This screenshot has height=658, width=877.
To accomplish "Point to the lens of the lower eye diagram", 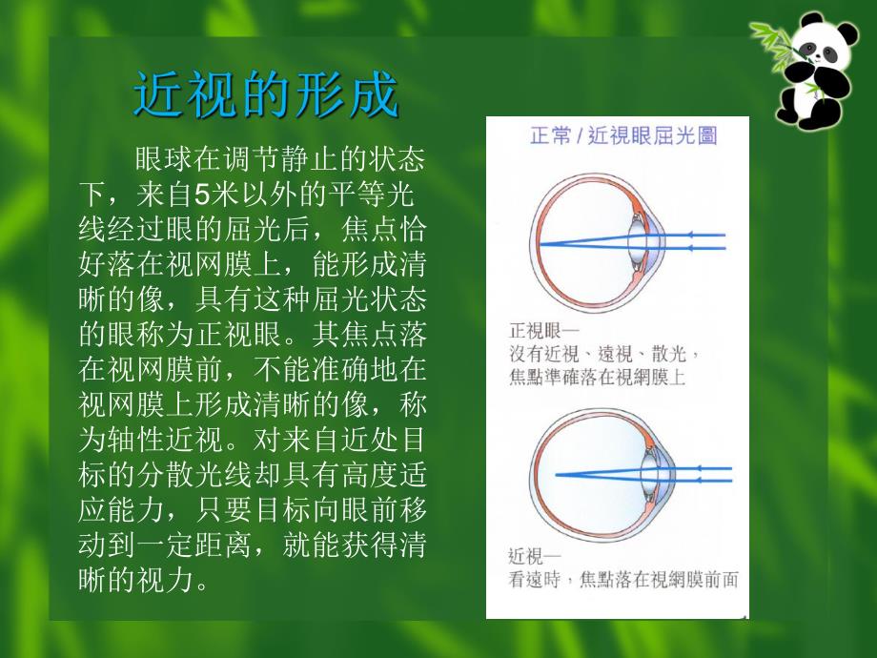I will tap(648, 473).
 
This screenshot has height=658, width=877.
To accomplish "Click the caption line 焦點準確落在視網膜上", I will tap(598, 378).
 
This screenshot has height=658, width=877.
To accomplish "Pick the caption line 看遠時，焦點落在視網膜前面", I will tap(623, 579).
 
